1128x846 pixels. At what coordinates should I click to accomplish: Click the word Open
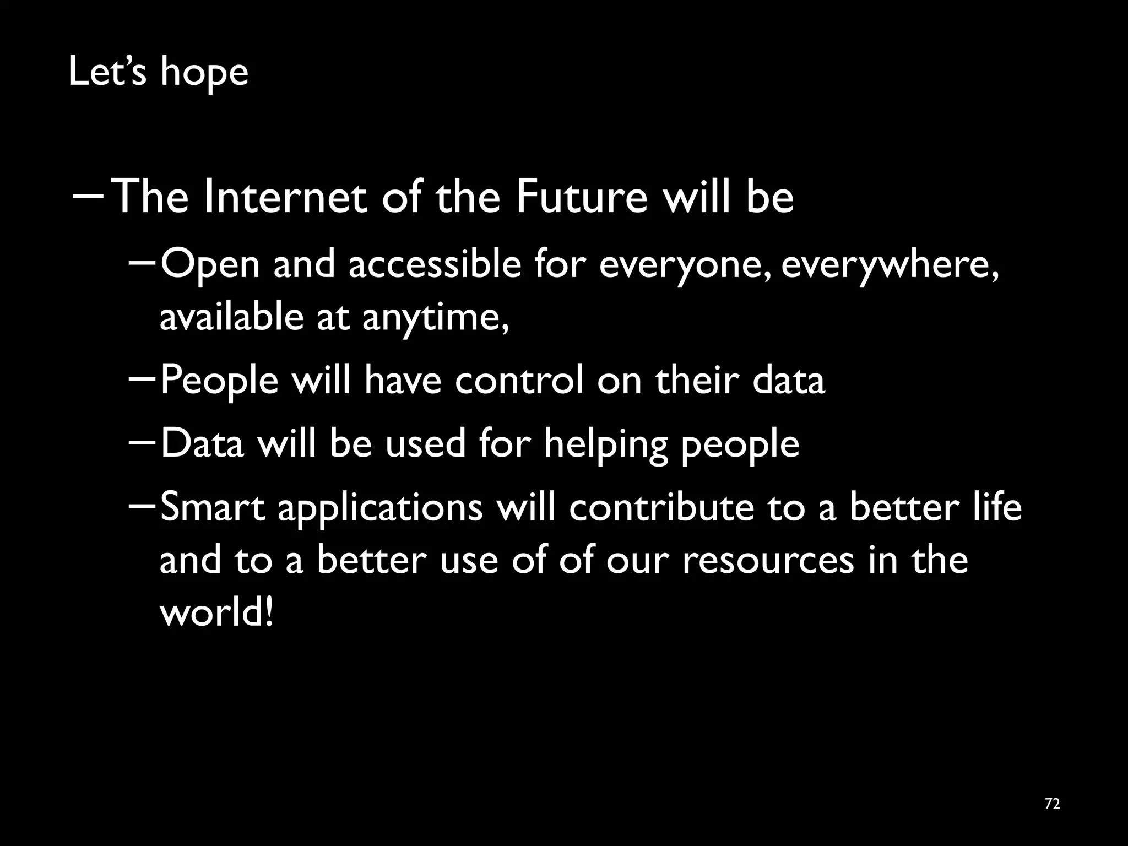click(x=210, y=265)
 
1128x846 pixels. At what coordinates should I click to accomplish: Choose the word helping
click(x=605, y=444)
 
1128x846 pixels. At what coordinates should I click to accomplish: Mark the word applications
click(x=380, y=508)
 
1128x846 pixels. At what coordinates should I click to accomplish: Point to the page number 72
click(x=1052, y=804)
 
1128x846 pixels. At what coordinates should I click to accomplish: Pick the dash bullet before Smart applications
click(x=142, y=505)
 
